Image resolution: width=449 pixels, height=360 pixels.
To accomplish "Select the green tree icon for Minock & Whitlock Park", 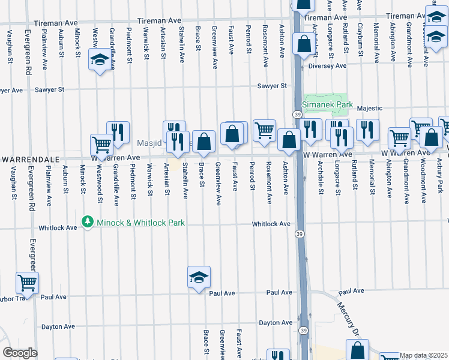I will pos(88,223).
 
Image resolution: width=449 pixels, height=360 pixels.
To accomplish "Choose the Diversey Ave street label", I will pos(328,66).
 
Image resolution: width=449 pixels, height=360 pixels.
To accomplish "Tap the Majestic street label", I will pos(370,109).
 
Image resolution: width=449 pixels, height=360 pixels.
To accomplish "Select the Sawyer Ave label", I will pos(10,90).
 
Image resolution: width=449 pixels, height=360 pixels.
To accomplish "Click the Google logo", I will pos(20,353).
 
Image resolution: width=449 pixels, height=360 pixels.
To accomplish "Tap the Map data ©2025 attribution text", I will pos(424,355).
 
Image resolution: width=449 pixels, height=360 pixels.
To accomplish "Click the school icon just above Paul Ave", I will pos(199,277).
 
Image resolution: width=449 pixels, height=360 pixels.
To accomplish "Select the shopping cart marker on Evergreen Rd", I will pos(26,283).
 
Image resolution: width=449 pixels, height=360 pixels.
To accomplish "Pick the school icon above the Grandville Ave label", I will pos(100,60).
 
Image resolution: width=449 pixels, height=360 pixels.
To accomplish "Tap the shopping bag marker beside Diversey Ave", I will pos(304,44).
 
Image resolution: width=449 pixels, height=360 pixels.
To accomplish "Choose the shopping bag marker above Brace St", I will pos(203,142).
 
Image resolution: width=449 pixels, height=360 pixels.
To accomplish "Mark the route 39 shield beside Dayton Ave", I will pos(303,331).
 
